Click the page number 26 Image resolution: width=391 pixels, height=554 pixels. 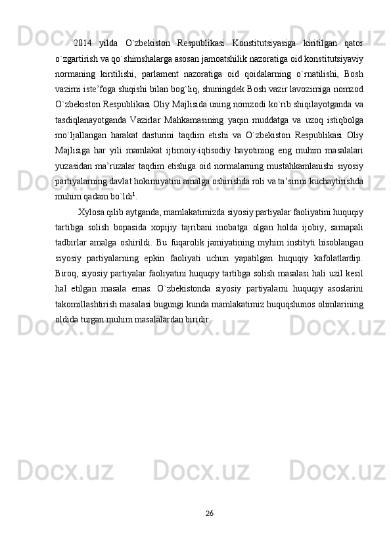click(x=208, y=513)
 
